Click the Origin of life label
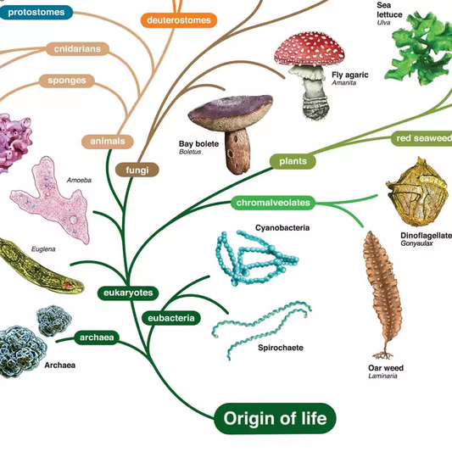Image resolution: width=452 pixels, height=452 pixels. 275,417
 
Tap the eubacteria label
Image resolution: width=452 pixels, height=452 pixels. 171,318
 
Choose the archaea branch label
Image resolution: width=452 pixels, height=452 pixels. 97,338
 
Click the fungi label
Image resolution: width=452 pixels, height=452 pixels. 137,170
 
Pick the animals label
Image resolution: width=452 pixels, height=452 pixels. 107,141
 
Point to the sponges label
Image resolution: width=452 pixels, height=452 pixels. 65,81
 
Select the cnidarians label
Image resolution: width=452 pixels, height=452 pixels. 77,49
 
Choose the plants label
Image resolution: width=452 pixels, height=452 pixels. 293,160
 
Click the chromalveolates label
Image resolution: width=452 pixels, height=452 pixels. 273,203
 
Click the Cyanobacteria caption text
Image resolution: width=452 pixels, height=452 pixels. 282,228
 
